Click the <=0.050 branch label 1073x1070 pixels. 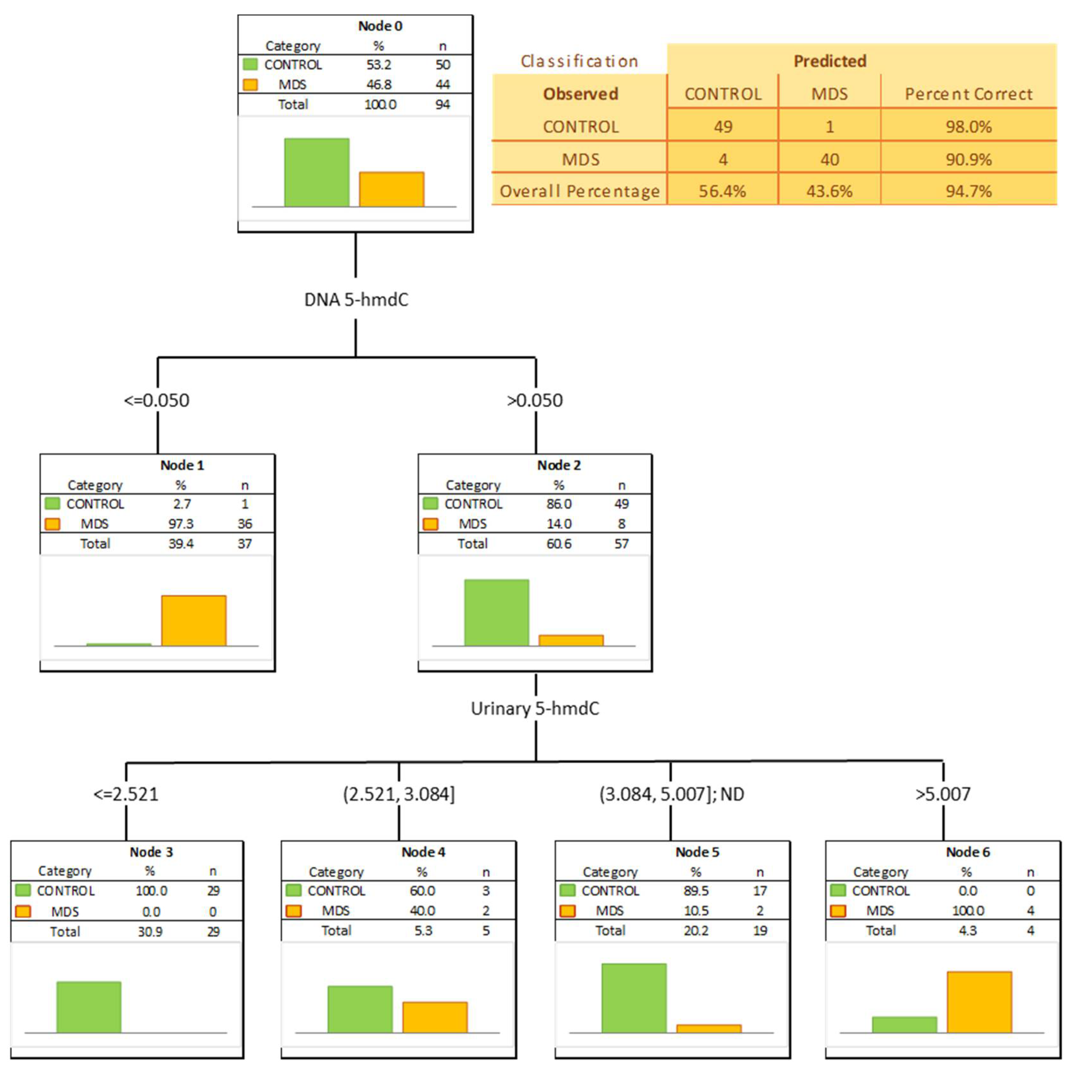(157, 400)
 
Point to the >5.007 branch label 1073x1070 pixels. (943, 794)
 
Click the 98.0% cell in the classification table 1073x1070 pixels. (969, 127)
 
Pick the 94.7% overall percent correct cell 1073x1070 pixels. (969, 191)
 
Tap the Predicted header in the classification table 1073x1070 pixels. (830, 61)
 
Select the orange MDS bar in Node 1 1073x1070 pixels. (194, 621)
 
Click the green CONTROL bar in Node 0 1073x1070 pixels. (316, 172)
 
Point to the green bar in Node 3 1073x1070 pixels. (89, 1007)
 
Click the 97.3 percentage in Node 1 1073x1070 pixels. (181, 524)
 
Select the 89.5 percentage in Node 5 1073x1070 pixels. (696, 891)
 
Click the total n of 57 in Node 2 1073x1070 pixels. (621, 544)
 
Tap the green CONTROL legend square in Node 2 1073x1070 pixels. (430, 504)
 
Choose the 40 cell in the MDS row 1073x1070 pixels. (830, 160)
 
